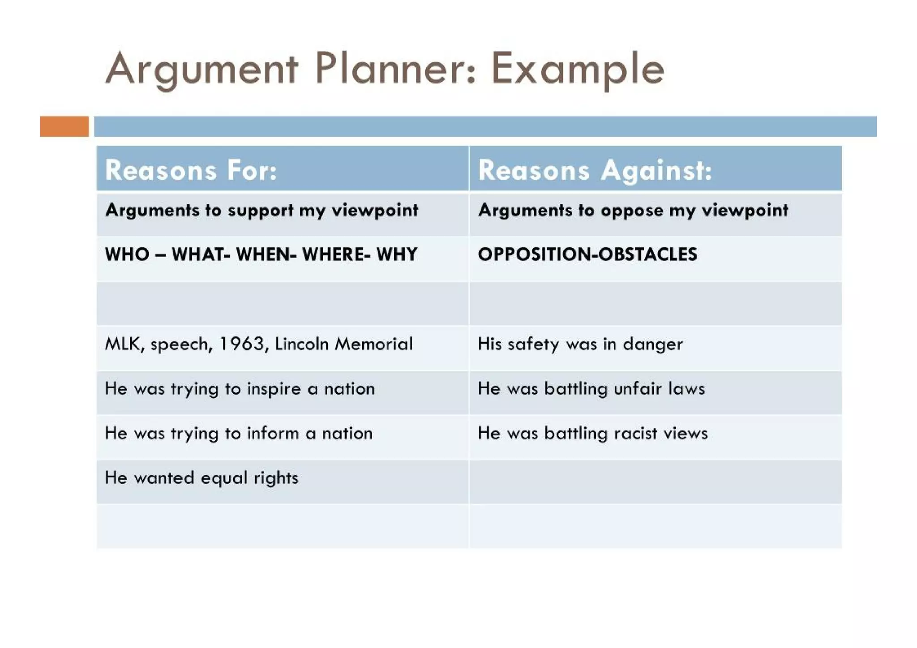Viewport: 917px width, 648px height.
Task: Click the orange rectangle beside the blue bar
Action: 64,126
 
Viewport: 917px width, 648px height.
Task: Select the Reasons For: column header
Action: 191,171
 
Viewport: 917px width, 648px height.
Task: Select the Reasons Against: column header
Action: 595,171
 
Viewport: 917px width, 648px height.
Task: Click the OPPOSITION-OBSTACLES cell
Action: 587,254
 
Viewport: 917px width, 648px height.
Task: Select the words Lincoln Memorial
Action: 343,344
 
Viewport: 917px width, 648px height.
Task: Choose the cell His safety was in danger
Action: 580,344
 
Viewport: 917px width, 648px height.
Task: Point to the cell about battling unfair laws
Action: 591,389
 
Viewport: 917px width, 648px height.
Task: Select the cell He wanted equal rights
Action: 201,478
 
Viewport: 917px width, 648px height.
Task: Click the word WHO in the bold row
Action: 127,254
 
